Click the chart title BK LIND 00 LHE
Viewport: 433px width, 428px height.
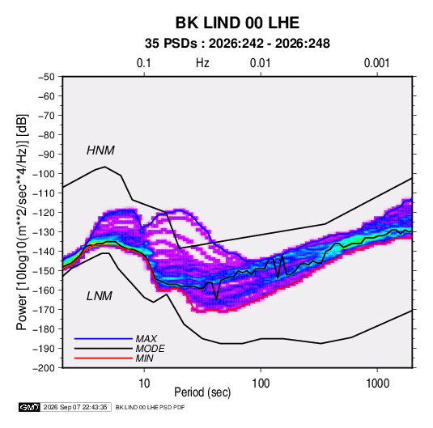[237, 23]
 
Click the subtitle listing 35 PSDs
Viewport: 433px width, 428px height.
[237, 44]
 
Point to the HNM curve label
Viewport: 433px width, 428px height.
[100, 150]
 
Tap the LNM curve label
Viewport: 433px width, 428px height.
[100, 296]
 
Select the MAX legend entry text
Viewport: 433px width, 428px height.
[146, 339]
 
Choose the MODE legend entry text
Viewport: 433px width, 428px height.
[151, 349]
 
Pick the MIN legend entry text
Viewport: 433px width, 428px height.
[144, 358]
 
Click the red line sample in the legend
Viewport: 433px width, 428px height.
[104, 358]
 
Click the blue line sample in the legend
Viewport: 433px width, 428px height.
[104, 339]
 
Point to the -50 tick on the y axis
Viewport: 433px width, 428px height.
[46, 77]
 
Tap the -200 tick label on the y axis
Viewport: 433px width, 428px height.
[44, 368]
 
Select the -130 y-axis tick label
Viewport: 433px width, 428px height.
[44, 232]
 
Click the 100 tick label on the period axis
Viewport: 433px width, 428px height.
[261, 384]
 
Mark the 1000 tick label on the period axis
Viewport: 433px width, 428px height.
[377, 384]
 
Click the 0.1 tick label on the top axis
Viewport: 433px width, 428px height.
[144, 63]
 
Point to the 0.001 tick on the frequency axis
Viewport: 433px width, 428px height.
[377, 63]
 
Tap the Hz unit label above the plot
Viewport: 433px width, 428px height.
[202, 63]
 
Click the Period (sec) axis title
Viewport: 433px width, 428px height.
[202, 392]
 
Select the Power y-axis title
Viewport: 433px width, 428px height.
[22, 222]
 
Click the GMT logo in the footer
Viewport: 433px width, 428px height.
[29, 407]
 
